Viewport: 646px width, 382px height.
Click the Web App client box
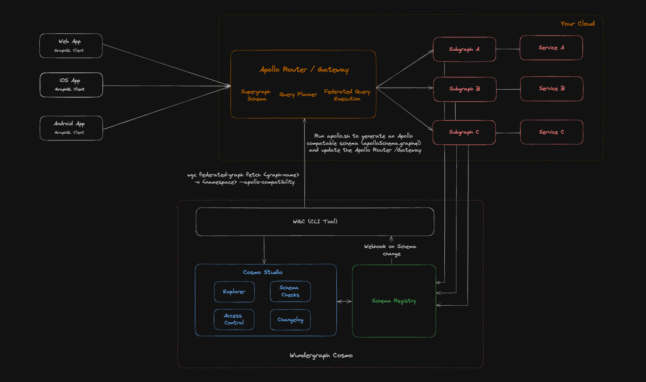coord(71,46)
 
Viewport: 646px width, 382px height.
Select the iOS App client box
coord(71,85)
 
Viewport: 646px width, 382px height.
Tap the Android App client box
coord(71,128)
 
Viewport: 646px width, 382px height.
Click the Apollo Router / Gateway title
coord(304,70)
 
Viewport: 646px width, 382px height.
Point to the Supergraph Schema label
coord(256,95)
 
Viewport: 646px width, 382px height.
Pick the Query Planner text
coord(298,94)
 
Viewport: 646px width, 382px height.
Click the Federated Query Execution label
coord(347,95)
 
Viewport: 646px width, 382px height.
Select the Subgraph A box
coord(464,49)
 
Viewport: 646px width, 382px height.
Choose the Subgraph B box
coord(464,89)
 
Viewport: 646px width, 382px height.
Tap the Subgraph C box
coord(464,132)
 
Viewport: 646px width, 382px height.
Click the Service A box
coord(551,48)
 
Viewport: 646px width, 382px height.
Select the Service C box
coord(551,132)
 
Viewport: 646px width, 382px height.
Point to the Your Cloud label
coord(577,24)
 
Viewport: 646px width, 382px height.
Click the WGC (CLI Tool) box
coord(315,222)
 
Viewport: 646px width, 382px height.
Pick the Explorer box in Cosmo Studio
coord(234,292)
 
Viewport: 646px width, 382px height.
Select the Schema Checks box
coord(290,292)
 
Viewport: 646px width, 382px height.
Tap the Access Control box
coord(234,319)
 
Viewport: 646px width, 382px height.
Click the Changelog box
coord(290,320)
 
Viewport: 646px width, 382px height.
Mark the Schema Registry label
coord(394,301)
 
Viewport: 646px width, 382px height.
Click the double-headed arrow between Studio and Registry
coord(344,301)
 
